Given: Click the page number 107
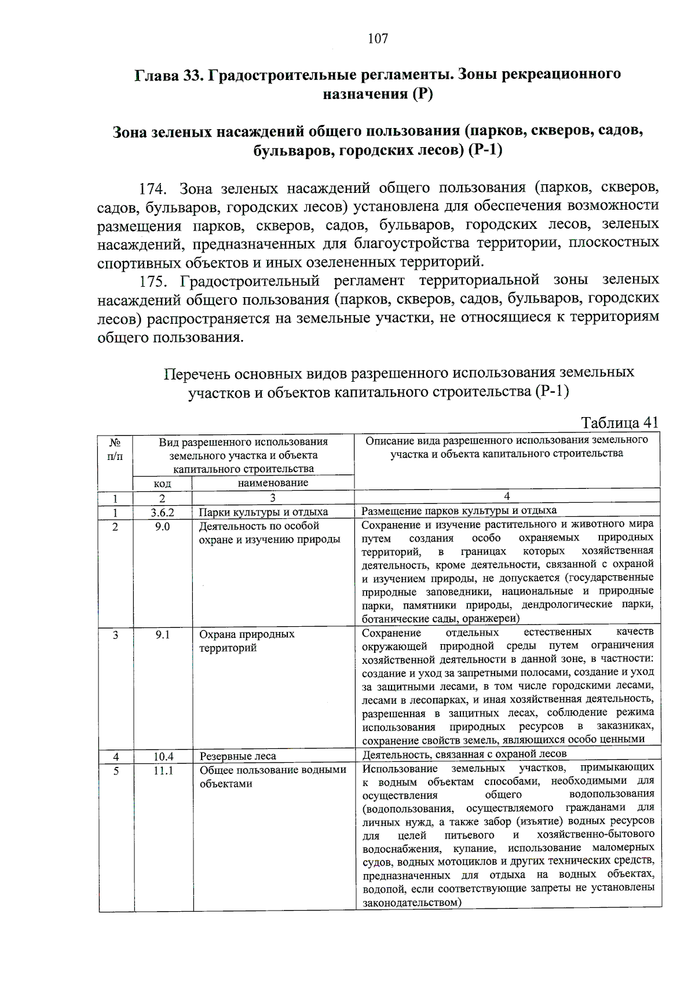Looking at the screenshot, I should click(x=378, y=39).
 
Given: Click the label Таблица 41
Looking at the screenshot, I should click(x=619, y=422).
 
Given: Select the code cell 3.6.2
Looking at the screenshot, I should click(x=162, y=512).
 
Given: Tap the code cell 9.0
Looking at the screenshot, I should click(x=162, y=527).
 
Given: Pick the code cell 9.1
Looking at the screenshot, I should click(x=163, y=635).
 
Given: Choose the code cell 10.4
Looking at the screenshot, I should click(x=163, y=757).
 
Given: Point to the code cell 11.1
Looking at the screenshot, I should click(x=163, y=771).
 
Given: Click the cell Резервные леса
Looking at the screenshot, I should click(x=238, y=757).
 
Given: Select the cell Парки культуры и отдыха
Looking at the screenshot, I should click(x=264, y=512).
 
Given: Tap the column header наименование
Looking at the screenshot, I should click(x=273, y=483).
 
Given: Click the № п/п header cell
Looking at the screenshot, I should click(x=115, y=450).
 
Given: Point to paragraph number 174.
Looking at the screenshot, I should click(x=153, y=189).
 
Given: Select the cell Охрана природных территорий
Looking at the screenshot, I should click(x=247, y=641).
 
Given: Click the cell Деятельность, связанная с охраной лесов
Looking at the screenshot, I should click(x=464, y=754).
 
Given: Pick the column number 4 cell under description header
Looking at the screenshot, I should click(x=507, y=496).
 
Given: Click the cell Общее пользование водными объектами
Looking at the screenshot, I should click(x=272, y=777).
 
